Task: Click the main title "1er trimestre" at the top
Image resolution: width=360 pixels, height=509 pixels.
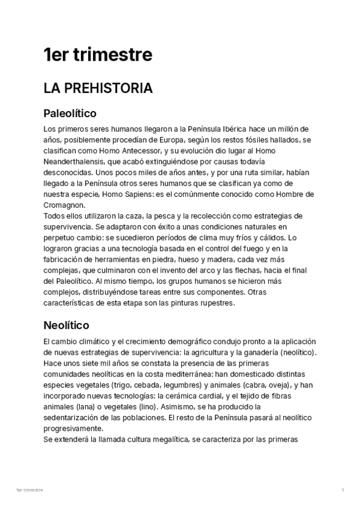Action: coord(98,55)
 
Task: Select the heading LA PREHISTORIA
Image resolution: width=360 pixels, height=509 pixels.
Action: coord(98,88)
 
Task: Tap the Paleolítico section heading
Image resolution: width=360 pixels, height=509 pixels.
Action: coord(70,113)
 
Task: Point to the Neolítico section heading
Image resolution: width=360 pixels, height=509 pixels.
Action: coord(66,325)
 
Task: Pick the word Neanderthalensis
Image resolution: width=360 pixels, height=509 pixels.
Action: coord(70,162)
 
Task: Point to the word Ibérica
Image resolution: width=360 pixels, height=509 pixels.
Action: coord(241,129)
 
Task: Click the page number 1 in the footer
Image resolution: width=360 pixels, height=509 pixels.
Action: coord(343,490)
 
